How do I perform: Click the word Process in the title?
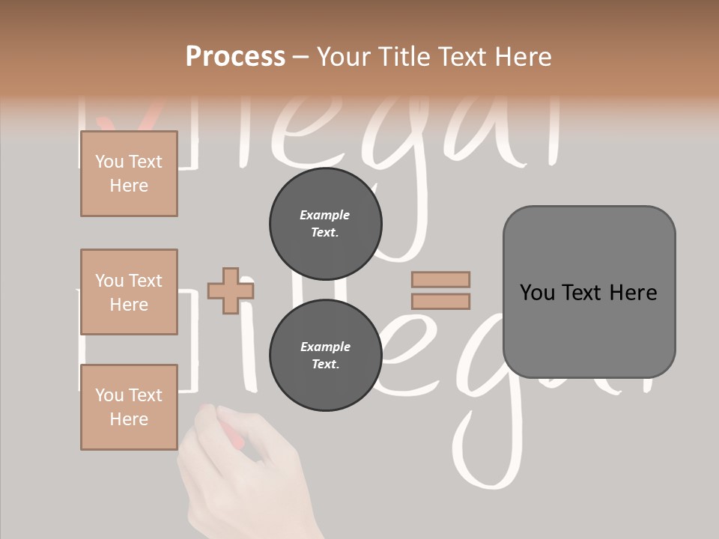(235, 57)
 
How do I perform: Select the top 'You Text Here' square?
(129, 174)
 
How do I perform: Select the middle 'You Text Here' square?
(129, 292)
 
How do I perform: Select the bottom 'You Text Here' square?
(129, 406)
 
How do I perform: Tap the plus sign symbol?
(230, 290)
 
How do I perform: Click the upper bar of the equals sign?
(440, 279)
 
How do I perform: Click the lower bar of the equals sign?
(440, 301)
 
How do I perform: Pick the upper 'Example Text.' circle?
(325, 224)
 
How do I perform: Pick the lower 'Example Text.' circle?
(325, 356)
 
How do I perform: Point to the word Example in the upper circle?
(325, 216)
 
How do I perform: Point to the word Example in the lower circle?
(325, 347)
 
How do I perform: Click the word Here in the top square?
(129, 186)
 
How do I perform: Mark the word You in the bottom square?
(109, 395)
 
